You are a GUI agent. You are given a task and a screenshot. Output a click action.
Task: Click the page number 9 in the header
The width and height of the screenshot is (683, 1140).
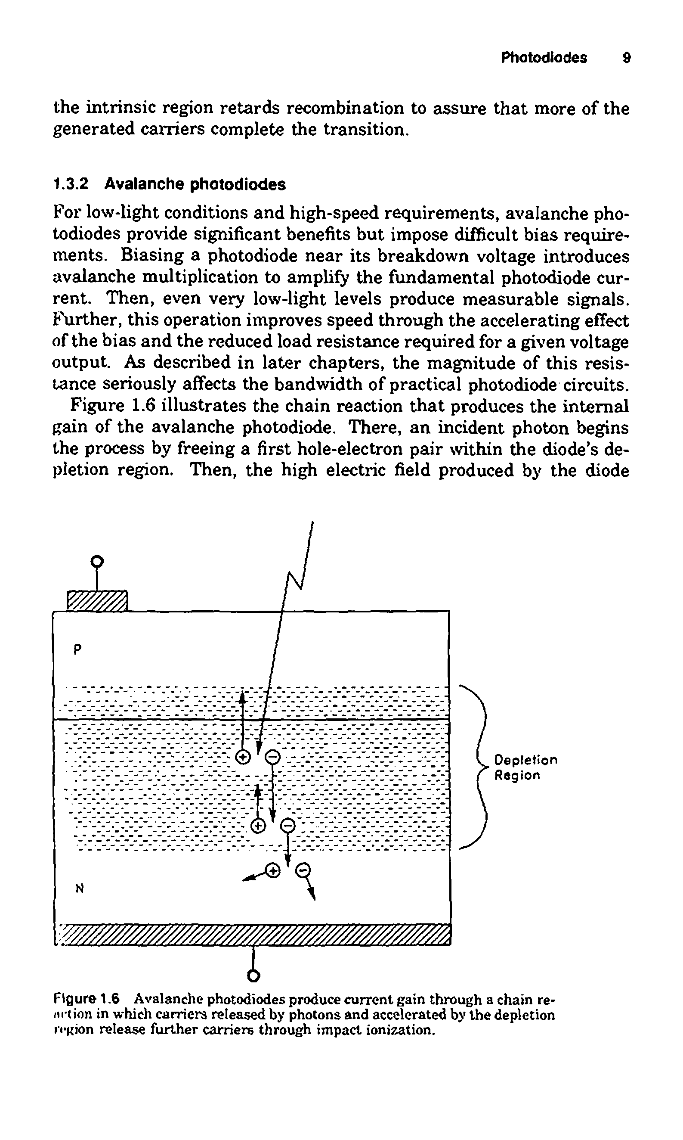(x=626, y=58)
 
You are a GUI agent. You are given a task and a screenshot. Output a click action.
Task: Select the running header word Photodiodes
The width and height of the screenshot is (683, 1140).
(x=544, y=58)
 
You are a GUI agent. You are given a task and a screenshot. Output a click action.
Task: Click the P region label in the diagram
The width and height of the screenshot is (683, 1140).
(x=78, y=649)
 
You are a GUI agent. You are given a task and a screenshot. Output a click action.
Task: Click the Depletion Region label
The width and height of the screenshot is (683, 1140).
(x=525, y=767)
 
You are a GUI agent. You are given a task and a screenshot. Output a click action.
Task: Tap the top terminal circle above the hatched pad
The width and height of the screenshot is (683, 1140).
(x=97, y=562)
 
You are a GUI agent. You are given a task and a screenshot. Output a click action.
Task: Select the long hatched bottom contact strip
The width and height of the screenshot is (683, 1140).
(x=253, y=935)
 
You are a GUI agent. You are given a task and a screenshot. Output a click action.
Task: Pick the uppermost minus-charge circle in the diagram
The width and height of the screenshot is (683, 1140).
(x=273, y=756)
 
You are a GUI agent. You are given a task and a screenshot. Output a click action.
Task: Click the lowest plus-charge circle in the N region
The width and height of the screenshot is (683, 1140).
(x=273, y=871)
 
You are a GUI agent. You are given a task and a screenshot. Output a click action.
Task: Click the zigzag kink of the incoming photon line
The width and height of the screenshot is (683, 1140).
(x=294, y=581)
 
